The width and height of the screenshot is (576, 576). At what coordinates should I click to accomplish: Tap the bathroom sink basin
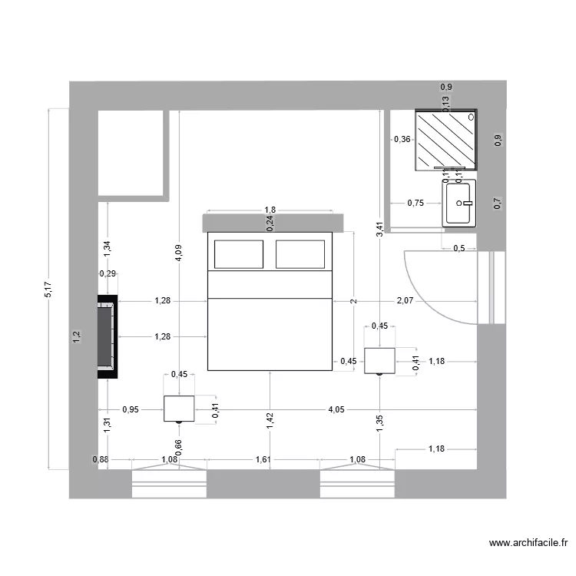tap(459, 204)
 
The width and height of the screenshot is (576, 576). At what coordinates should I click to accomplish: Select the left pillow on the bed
tap(238, 254)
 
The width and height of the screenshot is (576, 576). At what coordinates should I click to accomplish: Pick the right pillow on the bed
tap(300, 254)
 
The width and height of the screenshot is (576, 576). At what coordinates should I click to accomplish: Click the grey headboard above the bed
tap(270, 223)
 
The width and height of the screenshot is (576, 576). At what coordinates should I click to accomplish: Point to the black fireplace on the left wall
tap(107, 337)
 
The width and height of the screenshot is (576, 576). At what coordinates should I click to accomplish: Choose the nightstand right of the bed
tap(379, 360)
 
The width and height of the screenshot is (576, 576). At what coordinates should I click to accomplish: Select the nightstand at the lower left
tap(179, 409)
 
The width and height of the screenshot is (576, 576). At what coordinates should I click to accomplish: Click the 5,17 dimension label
tap(48, 289)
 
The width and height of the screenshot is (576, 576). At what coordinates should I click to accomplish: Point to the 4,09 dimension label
tap(178, 254)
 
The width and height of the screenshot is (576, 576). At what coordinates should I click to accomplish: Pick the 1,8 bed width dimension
tap(270, 210)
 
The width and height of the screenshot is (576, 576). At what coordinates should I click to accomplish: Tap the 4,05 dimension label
tap(336, 409)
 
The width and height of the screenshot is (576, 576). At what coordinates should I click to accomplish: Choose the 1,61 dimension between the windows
tap(263, 460)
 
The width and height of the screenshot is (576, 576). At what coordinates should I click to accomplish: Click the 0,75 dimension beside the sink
tap(415, 204)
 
